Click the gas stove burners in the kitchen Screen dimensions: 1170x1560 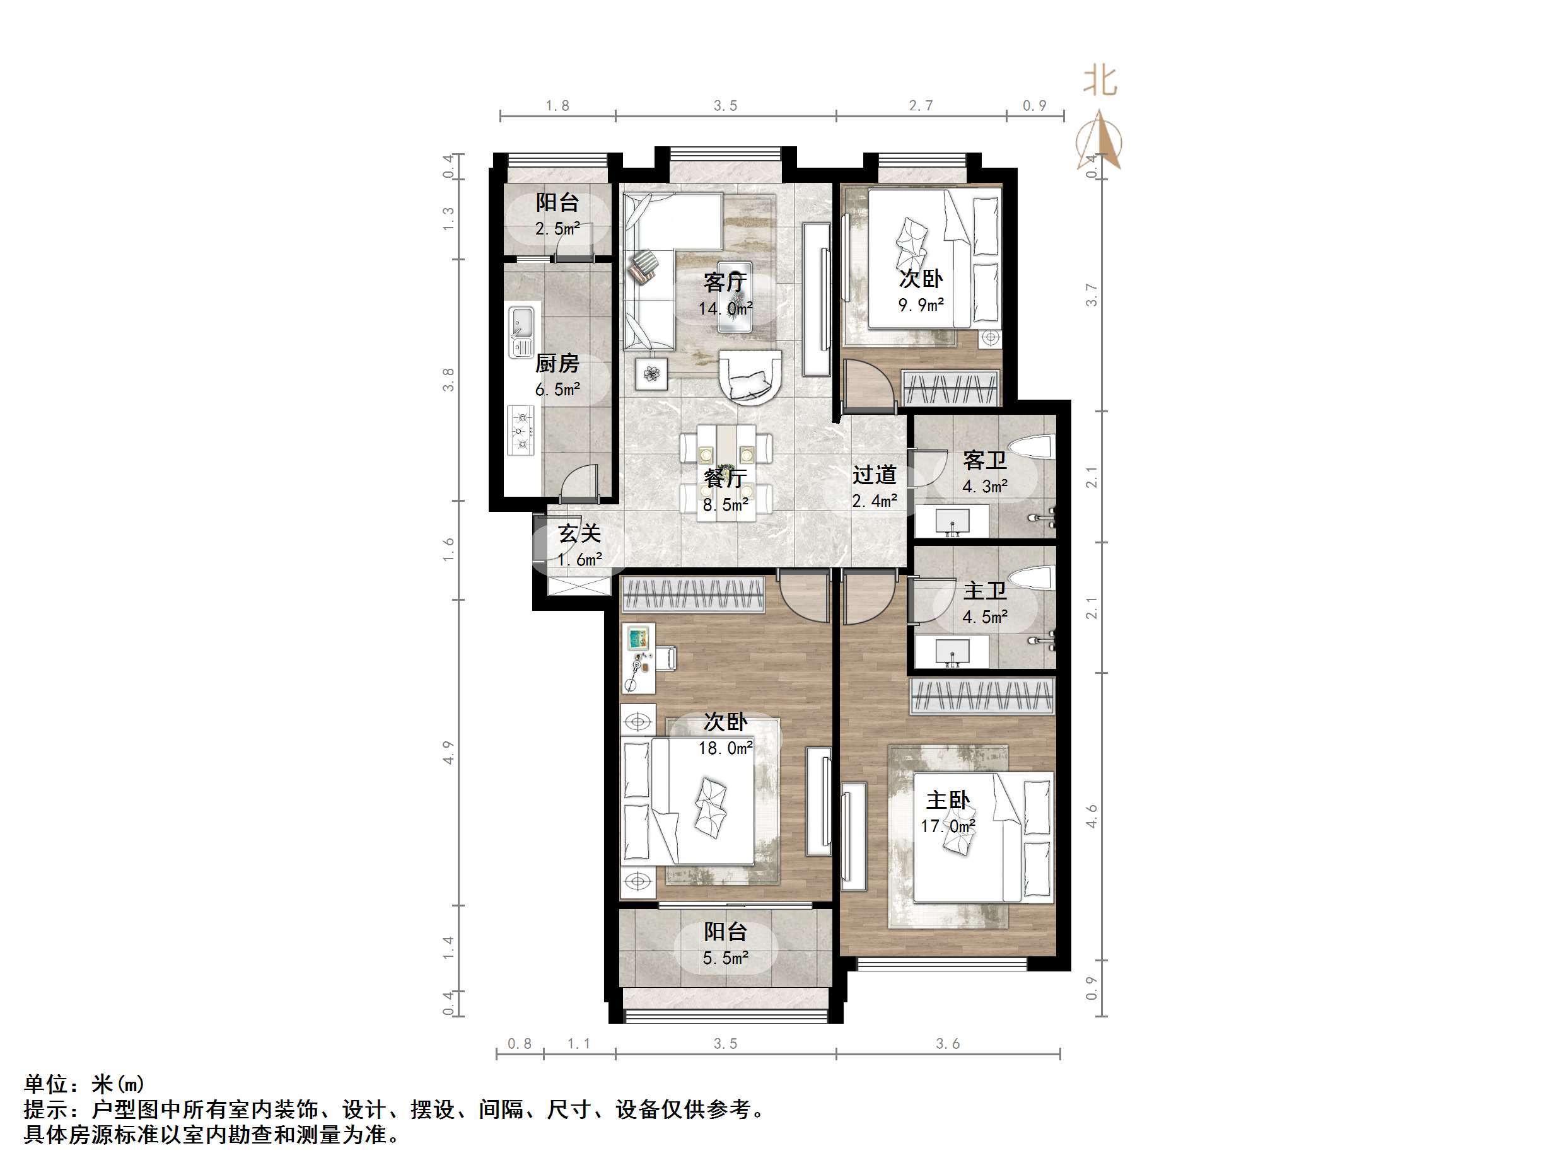click(522, 429)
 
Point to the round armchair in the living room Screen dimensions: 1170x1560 click(750, 376)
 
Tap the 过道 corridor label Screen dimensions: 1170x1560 click(874, 475)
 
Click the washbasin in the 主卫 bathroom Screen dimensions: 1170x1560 click(952, 652)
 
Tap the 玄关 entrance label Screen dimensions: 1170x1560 click(579, 534)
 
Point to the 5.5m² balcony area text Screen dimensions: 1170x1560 click(726, 958)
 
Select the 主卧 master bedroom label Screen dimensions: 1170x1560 click(948, 800)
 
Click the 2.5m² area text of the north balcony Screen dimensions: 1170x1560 click(557, 228)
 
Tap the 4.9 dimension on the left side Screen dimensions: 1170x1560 click(448, 753)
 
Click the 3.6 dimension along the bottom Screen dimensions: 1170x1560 click(948, 1044)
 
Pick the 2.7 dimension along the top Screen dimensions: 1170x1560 click(921, 106)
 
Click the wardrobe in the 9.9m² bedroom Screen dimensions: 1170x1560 click(952, 388)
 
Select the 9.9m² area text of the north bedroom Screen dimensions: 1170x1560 click(921, 305)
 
